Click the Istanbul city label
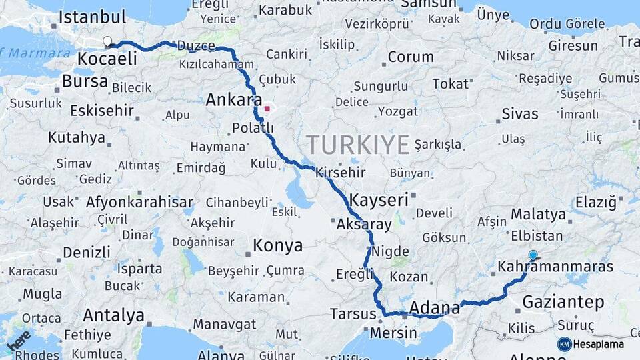point(92,17)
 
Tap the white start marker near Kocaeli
point(107,42)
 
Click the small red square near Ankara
point(267,108)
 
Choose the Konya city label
point(277,246)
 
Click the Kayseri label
point(378,200)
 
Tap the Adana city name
point(435,308)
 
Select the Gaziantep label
point(563,302)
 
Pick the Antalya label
point(113,315)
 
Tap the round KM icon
point(565,345)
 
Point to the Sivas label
point(519,114)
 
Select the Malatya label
point(538,215)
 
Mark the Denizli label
point(86,253)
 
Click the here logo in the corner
point(18,341)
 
